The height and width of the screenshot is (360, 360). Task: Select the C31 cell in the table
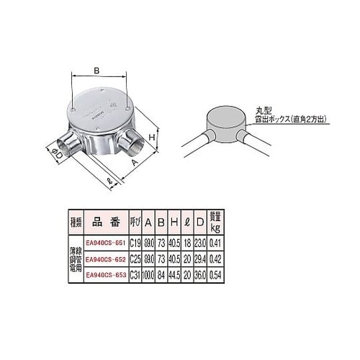point(135,275)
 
